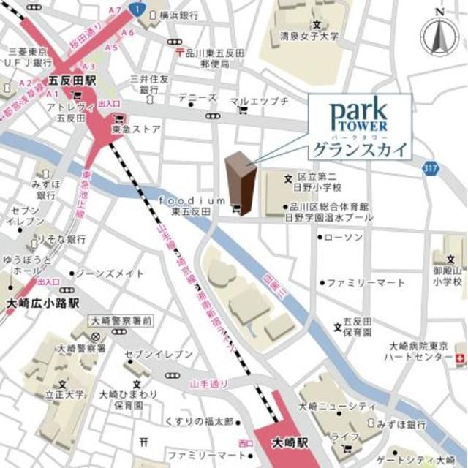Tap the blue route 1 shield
pyautogui.click(x=135, y=8)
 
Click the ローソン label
pyautogui.click(x=342, y=238)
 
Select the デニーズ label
pyautogui.click(x=202, y=97)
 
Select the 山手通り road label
pyautogui.click(x=208, y=383)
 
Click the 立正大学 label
pyautogui.click(x=62, y=394)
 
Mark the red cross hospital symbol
pyautogui.click(x=459, y=358)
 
